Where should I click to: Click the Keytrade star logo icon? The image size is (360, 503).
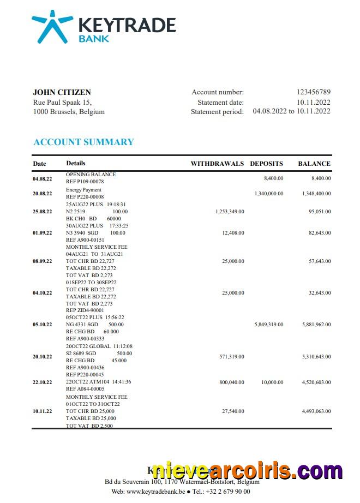click(52, 26)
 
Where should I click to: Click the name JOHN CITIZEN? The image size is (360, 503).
click(62, 92)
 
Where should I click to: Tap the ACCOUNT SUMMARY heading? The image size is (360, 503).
click(83, 142)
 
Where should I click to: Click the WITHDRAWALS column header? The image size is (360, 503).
click(217, 164)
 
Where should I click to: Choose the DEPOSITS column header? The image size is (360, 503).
click(266, 164)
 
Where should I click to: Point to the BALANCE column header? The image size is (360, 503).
click(314, 164)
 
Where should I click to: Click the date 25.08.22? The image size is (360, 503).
click(43, 211)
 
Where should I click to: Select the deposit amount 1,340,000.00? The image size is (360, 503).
click(269, 193)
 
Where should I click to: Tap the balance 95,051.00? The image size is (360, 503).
click(318, 211)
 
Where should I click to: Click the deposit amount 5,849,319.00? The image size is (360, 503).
click(269, 324)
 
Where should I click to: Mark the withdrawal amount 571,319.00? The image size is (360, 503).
click(232, 357)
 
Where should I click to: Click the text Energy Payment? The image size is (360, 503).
click(83, 190)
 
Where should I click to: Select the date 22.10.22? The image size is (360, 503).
click(43, 382)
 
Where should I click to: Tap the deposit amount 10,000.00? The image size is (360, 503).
click(272, 382)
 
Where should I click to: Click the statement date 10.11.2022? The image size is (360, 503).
click(313, 102)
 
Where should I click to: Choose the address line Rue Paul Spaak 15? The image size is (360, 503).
click(62, 102)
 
